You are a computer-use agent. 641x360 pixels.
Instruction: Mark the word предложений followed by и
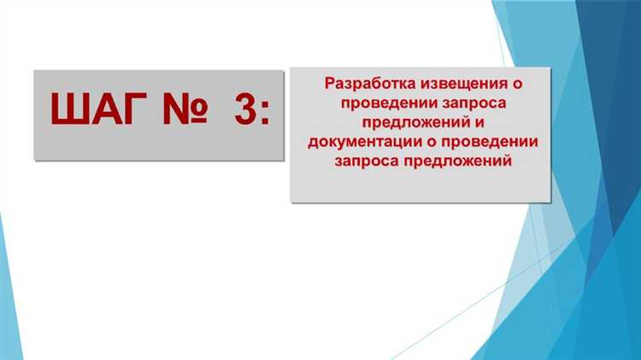415,122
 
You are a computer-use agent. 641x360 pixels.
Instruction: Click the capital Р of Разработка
330,85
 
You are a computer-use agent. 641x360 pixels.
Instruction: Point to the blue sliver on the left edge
5,282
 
